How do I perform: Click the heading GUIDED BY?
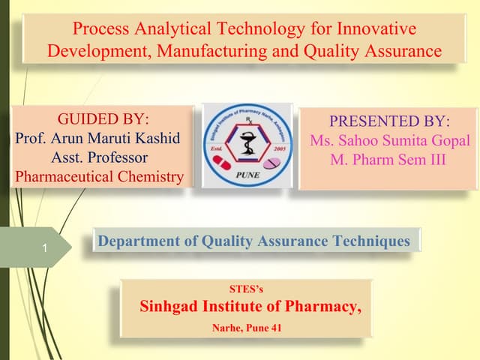tap(103, 119)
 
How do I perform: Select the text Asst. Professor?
tap(99, 158)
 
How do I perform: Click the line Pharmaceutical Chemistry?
tap(99, 178)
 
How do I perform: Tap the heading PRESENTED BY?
tap(389, 121)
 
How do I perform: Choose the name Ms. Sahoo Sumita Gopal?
tap(389, 141)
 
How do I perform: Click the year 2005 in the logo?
tap(280, 149)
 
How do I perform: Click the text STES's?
tap(246, 288)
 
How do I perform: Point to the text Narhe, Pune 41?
tap(246, 327)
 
